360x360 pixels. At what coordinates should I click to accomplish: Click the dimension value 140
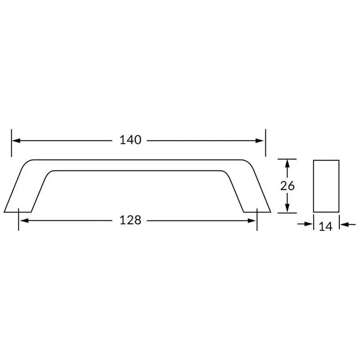pyautogui.click(x=130, y=140)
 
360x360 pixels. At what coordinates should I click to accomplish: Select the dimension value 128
pyautogui.click(x=130, y=220)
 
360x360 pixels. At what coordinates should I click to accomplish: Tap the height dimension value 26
pyautogui.click(x=287, y=186)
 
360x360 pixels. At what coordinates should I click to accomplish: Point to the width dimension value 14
pyautogui.click(x=325, y=226)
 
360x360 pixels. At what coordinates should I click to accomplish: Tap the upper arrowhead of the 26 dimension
pyautogui.click(x=287, y=163)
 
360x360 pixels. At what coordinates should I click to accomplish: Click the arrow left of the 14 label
pyautogui.click(x=308, y=224)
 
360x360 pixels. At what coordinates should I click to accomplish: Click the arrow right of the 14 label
pyautogui.click(x=344, y=224)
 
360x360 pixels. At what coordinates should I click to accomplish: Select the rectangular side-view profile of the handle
pyautogui.click(x=326, y=186)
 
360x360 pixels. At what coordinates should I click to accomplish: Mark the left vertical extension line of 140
pyautogui.click(x=12, y=143)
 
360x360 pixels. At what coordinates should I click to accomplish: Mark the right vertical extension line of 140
pyautogui.click(x=265, y=143)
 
